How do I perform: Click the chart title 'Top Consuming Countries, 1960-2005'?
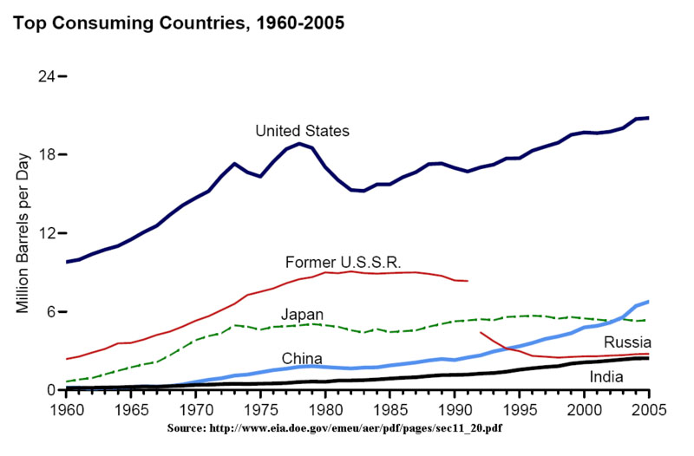178,23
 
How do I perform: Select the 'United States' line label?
302,131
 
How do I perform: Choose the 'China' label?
302,358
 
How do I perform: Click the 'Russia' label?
627,342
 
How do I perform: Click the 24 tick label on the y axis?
46,76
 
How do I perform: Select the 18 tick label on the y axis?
46,155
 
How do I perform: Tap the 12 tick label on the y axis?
46,233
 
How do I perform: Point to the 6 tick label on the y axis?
50,312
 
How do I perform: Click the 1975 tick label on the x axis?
260,407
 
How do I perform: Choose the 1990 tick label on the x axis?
455,407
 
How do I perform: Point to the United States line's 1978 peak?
299,143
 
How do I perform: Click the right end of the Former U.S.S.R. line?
468,281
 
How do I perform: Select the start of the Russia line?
481,332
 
